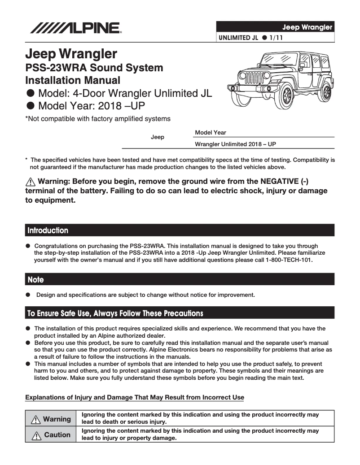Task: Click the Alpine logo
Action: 75,28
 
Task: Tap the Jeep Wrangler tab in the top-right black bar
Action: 307,27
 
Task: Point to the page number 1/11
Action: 276,38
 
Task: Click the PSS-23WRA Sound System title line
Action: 94,68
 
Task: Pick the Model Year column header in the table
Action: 211,133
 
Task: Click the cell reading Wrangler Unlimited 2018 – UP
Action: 235,144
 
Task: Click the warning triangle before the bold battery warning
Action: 30,182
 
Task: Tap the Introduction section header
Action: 48,230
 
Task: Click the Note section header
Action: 36,280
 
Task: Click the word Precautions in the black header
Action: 180,313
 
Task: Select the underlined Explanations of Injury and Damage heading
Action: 135,397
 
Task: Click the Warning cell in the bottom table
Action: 51,419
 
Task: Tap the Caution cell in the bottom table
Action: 51,435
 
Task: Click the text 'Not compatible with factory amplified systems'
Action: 98,119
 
